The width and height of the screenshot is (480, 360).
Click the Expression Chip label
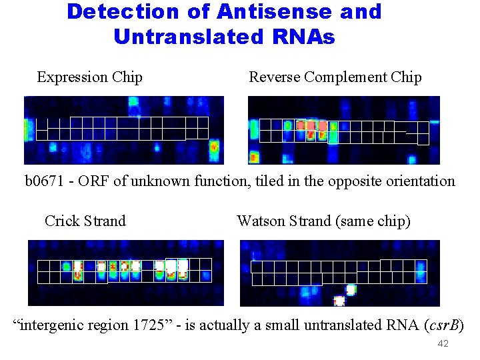coord(89,77)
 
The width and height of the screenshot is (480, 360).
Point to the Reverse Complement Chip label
coord(335,77)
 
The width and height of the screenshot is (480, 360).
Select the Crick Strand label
coord(85,221)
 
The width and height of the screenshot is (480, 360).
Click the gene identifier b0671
coord(45,181)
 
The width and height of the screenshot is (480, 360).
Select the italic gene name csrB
coord(443,325)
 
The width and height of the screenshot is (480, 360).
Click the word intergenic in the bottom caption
coord(57,325)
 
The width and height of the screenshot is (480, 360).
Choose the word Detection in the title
coord(123,12)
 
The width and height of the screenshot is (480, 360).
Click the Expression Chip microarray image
coord(124,130)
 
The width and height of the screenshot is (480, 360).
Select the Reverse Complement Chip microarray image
coord(344,130)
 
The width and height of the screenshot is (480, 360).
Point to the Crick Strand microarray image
coord(125,273)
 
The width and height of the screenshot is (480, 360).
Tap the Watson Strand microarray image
coord(340,273)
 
